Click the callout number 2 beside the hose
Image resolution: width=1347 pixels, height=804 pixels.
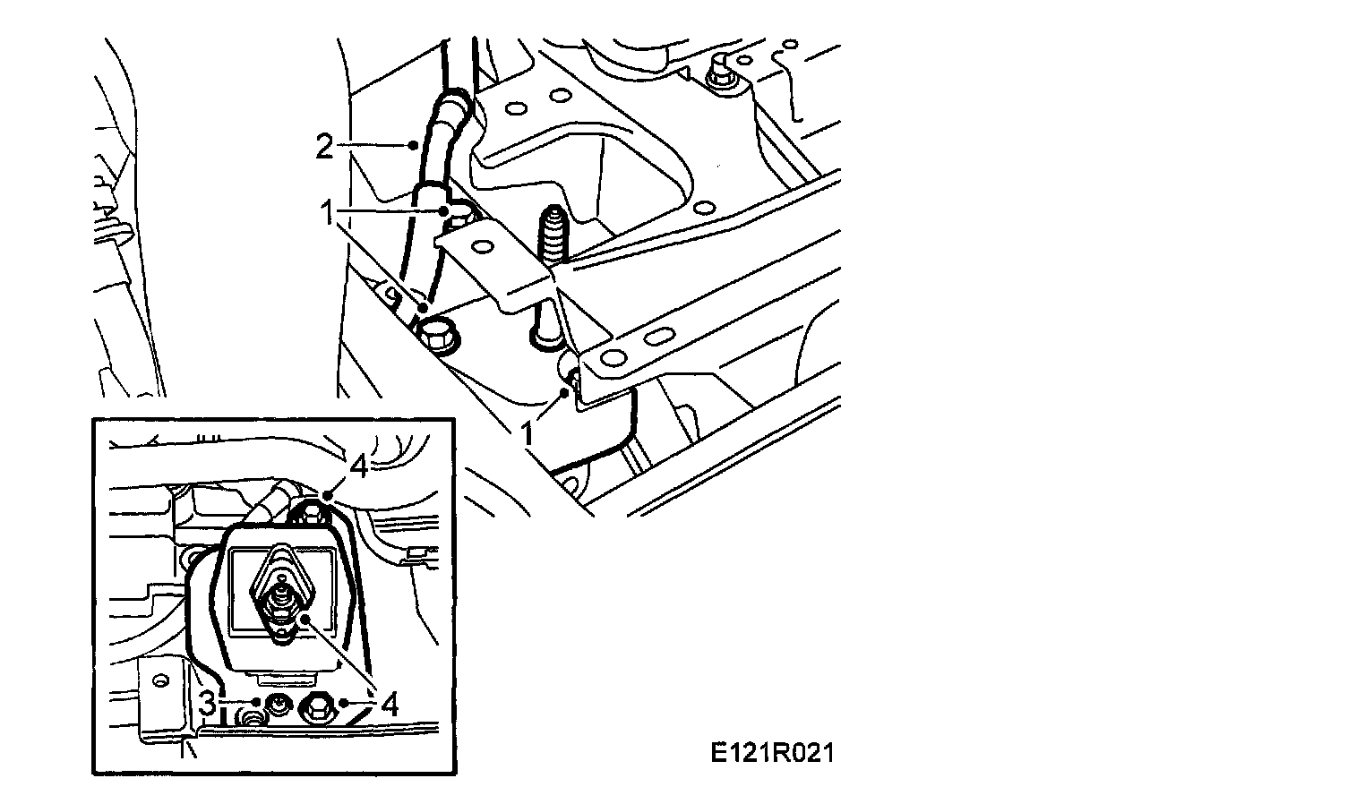click(323, 146)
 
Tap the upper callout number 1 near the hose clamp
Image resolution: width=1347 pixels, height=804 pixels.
click(328, 212)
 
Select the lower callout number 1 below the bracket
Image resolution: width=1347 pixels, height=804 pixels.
click(528, 433)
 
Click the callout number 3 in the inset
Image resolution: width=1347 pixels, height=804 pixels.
click(207, 704)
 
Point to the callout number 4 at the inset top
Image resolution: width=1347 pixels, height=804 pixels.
click(357, 467)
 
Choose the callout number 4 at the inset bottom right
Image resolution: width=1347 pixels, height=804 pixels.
click(388, 705)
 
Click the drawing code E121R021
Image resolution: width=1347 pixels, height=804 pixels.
click(772, 754)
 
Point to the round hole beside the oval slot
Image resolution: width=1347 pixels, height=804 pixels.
click(613, 359)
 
